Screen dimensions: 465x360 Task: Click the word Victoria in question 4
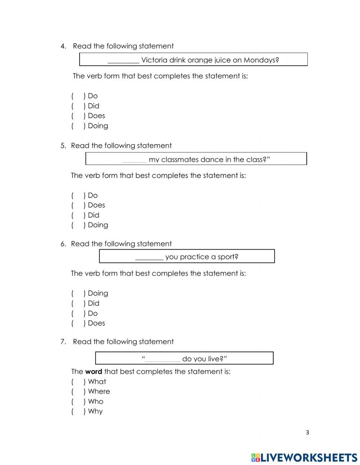154,60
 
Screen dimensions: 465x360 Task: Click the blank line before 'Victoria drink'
123,61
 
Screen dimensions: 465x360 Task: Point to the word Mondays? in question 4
261,60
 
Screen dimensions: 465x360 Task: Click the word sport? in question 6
227,257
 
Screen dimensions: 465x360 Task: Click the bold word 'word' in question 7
94,372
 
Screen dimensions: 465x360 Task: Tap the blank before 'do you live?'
162,360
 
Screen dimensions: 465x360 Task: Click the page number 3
307,433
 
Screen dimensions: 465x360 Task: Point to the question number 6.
63,244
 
